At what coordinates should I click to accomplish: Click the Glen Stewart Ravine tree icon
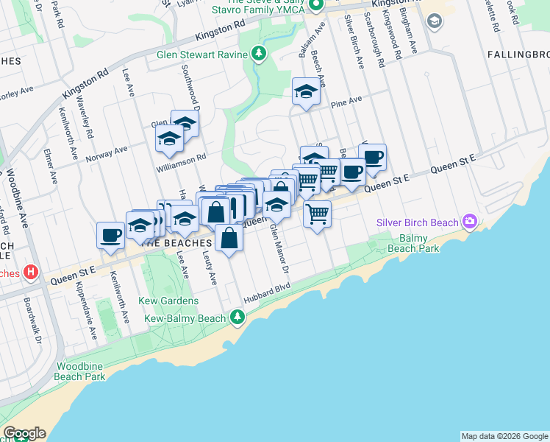(258, 54)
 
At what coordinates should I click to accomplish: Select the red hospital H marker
(30, 272)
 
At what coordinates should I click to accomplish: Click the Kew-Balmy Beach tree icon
(237, 318)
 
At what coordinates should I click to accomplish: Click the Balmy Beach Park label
(419, 243)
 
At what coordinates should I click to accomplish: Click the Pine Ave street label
(346, 101)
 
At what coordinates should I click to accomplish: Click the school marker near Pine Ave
(306, 92)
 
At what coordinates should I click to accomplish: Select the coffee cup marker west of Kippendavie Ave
(110, 235)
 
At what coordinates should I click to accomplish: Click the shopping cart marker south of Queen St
(317, 214)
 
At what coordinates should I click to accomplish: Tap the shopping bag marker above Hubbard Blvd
(229, 239)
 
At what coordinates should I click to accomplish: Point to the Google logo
(24, 433)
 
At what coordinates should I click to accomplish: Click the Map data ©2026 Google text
(504, 436)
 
